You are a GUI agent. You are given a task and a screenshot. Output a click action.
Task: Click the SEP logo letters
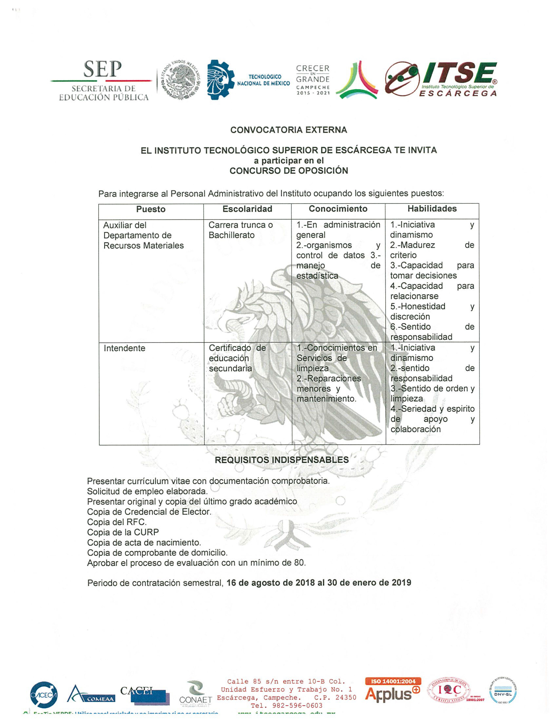click(102, 69)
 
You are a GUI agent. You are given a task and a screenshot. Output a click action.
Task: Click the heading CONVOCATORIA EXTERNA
click(288, 130)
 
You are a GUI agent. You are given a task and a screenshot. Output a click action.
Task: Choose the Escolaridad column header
click(247, 209)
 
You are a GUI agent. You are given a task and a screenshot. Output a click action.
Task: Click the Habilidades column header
click(432, 209)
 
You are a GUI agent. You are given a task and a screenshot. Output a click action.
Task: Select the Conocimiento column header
click(338, 209)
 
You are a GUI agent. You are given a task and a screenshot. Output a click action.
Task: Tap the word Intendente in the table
click(125, 348)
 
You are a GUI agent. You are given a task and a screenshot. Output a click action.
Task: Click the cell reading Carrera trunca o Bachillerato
click(240, 230)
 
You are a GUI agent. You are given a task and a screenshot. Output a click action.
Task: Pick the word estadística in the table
click(317, 276)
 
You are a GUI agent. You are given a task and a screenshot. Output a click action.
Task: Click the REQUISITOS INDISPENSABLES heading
click(282, 460)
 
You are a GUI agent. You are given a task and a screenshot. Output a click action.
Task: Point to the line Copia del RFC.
click(117, 522)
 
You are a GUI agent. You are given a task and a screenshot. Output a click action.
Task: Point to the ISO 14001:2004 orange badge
click(393, 681)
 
